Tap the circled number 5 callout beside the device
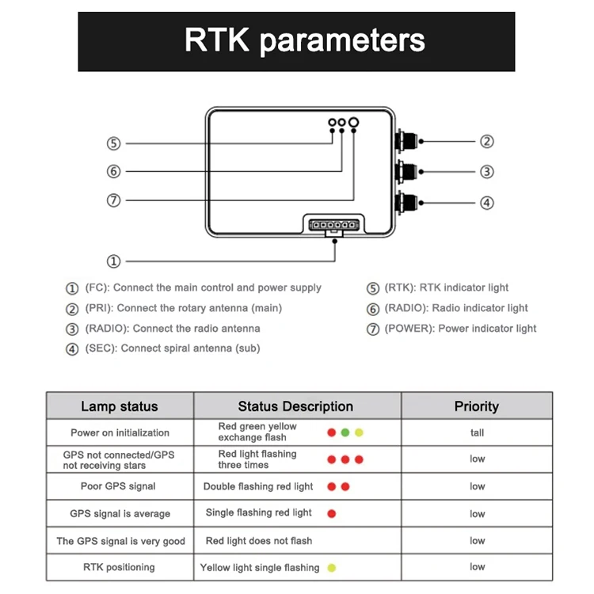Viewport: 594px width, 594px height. click(113, 143)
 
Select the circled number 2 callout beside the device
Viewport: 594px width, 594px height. click(487, 142)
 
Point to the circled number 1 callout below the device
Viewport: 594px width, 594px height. click(113, 261)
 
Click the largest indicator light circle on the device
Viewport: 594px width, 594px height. click(353, 123)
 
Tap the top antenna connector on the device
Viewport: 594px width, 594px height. click(407, 142)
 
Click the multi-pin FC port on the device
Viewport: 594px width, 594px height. click(335, 226)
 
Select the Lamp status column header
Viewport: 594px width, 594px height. click(120, 406)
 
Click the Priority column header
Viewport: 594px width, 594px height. click(476, 406)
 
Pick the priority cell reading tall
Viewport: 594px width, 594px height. click(477, 432)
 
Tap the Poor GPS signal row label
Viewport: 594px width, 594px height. click(118, 486)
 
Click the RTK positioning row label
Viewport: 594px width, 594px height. click(119, 567)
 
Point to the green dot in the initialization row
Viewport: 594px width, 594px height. click(345, 432)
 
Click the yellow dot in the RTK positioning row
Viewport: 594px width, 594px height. click(332, 567)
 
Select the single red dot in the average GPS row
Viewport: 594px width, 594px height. click(332, 513)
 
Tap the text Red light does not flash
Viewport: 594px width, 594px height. click(259, 541)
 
